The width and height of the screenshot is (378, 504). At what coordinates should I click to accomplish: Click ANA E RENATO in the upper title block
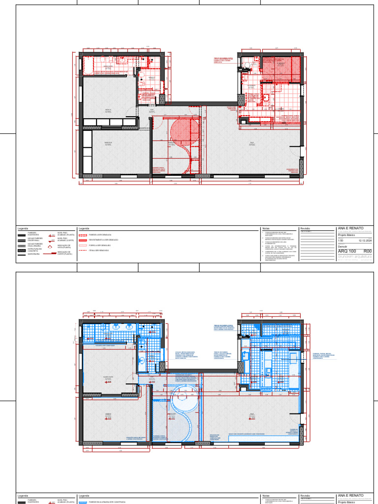(350, 228)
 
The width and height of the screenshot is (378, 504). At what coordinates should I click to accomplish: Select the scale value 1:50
(341, 241)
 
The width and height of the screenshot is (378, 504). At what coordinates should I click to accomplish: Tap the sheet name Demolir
(343, 246)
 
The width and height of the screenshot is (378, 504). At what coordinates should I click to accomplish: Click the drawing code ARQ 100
(347, 251)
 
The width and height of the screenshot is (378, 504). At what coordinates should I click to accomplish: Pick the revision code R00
(367, 251)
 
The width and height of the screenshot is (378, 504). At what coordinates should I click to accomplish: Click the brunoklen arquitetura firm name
(354, 256)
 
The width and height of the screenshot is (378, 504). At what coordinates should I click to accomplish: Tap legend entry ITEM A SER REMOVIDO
(98, 250)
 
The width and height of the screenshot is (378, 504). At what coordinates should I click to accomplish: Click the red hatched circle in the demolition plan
(184, 130)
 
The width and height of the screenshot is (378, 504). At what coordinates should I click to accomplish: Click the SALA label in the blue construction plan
(252, 414)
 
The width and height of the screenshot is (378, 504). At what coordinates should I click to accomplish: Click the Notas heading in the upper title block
(266, 229)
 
